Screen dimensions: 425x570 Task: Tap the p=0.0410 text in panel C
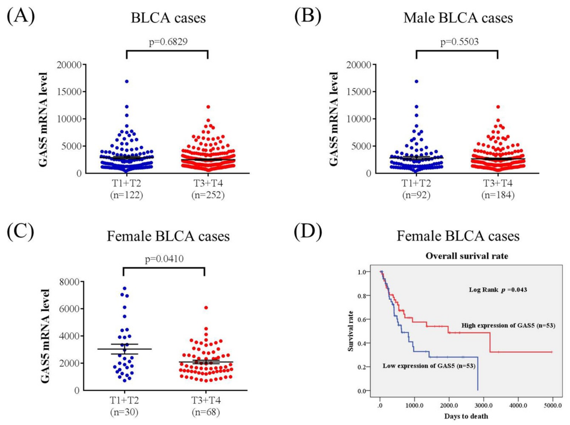point(164,259)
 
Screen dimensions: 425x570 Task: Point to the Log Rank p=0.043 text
point(498,290)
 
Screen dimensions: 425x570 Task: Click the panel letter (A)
point(21,16)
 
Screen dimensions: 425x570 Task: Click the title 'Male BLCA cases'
point(458,18)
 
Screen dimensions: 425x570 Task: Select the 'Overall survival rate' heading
point(467,256)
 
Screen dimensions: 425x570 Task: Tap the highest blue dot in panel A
point(127,81)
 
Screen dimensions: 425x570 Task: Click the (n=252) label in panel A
point(208,195)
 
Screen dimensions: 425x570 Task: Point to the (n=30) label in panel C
point(124,412)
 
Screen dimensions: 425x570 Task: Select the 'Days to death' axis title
point(466,416)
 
